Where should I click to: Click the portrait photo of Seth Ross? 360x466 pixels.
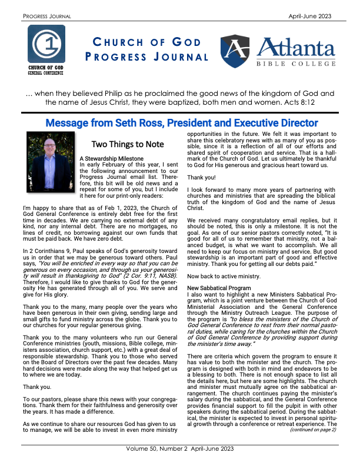pyautogui.click(x=51, y=154)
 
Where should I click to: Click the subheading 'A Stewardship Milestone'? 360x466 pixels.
pyautogui.click(x=111, y=159)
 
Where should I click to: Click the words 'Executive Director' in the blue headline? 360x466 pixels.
pyautogui.click(x=273, y=123)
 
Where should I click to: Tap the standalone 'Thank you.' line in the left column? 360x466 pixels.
pyautogui.click(x=37, y=371)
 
